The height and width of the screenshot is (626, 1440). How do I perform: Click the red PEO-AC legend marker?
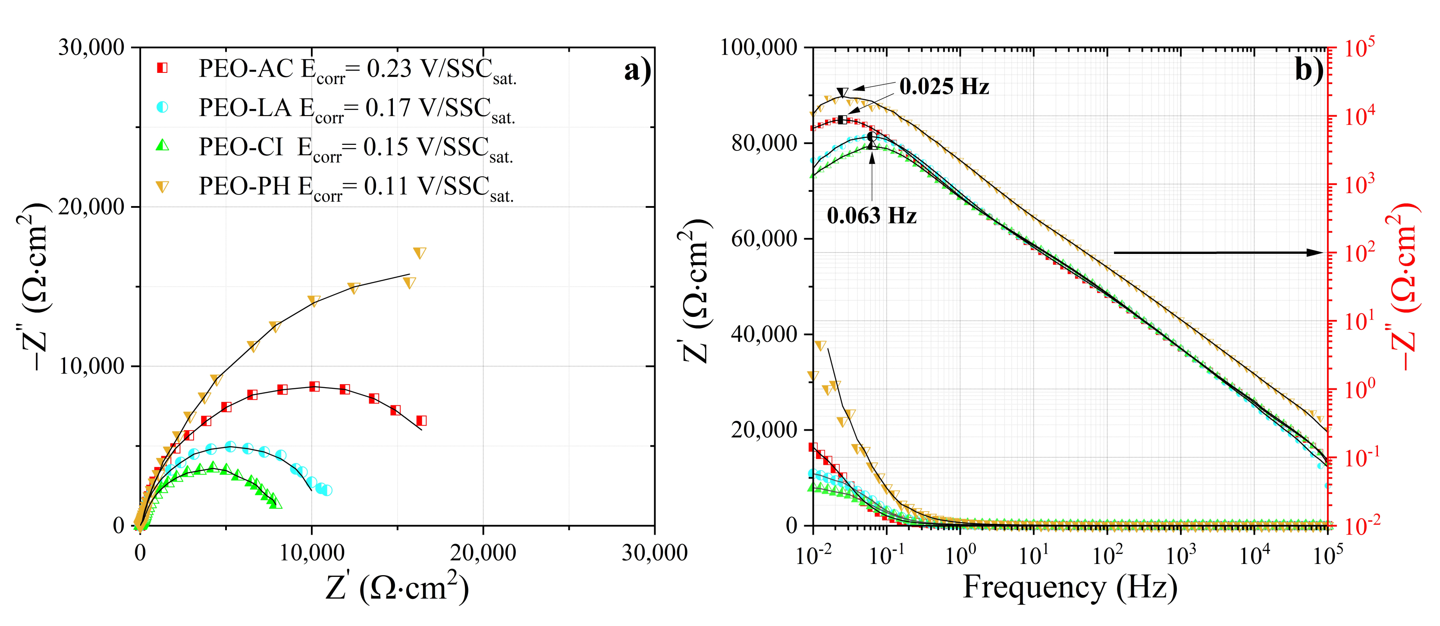tap(162, 68)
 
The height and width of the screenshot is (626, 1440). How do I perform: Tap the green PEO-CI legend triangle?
tap(162, 145)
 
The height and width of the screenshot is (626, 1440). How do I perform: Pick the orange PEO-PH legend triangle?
tap(162, 187)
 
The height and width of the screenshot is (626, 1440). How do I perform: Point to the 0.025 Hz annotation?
tap(944, 87)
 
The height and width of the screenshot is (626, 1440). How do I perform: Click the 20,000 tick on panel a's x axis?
tap(483, 553)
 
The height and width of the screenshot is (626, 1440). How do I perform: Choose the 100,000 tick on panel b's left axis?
tap(758, 47)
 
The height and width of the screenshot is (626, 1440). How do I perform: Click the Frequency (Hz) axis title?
tap(1070, 588)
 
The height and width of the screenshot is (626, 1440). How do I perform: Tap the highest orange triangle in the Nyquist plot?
tap(419, 253)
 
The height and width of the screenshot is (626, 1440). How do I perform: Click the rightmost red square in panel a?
tap(421, 421)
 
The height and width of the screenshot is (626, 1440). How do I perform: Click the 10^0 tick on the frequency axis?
tap(960, 554)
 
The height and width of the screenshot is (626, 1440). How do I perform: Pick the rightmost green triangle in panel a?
tap(276, 504)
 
